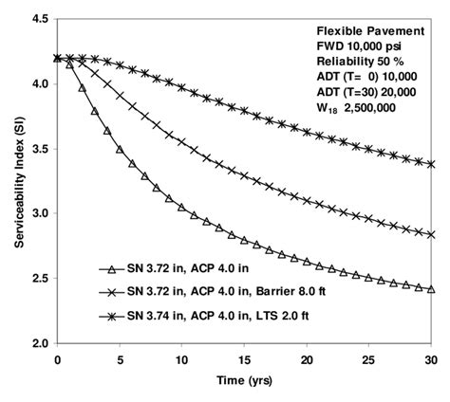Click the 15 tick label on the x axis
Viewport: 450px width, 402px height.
point(244,360)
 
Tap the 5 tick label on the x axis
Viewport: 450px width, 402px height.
point(120,360)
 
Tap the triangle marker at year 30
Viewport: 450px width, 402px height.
point(432,289)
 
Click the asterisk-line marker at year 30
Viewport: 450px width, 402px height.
point(432,164)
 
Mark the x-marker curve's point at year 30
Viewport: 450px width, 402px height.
point(432,234)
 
